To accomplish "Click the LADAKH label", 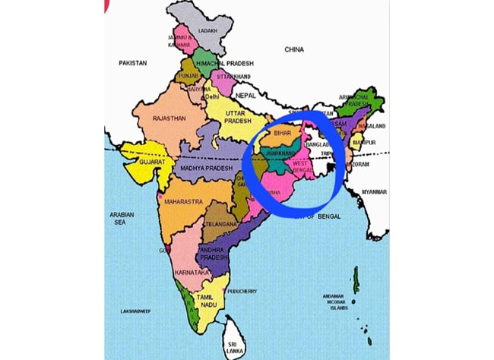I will coord(207,31).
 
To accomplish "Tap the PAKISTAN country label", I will coord(132,63).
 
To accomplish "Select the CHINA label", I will coord(294,49).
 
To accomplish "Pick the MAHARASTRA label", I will coord(183,202).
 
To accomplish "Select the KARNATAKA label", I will coord(192,272).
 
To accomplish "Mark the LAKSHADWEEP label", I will coord(138,311).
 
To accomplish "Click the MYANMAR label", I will coord(375,192).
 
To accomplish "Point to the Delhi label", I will coord(212,96).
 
